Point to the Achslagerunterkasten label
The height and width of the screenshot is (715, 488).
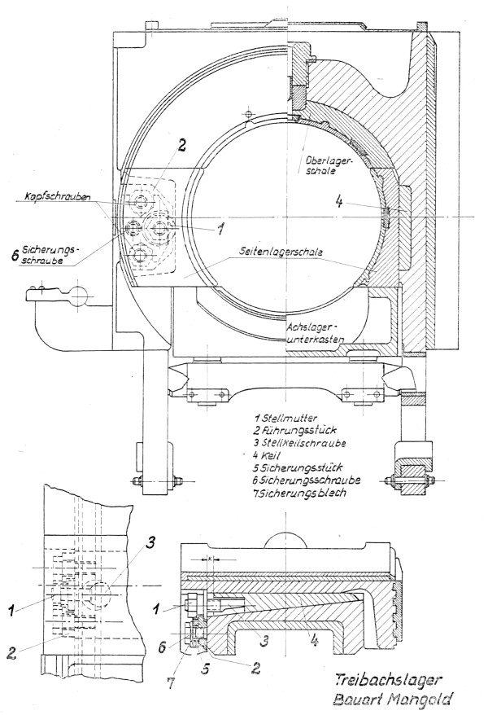tap(316, 331)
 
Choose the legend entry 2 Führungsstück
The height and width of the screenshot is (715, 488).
tap(296, 431)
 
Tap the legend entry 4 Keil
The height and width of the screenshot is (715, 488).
tap(271, 457)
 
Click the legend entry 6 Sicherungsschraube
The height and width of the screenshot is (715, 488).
tap(312, 482)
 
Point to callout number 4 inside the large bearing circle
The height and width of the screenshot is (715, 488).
tap(338, 200)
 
